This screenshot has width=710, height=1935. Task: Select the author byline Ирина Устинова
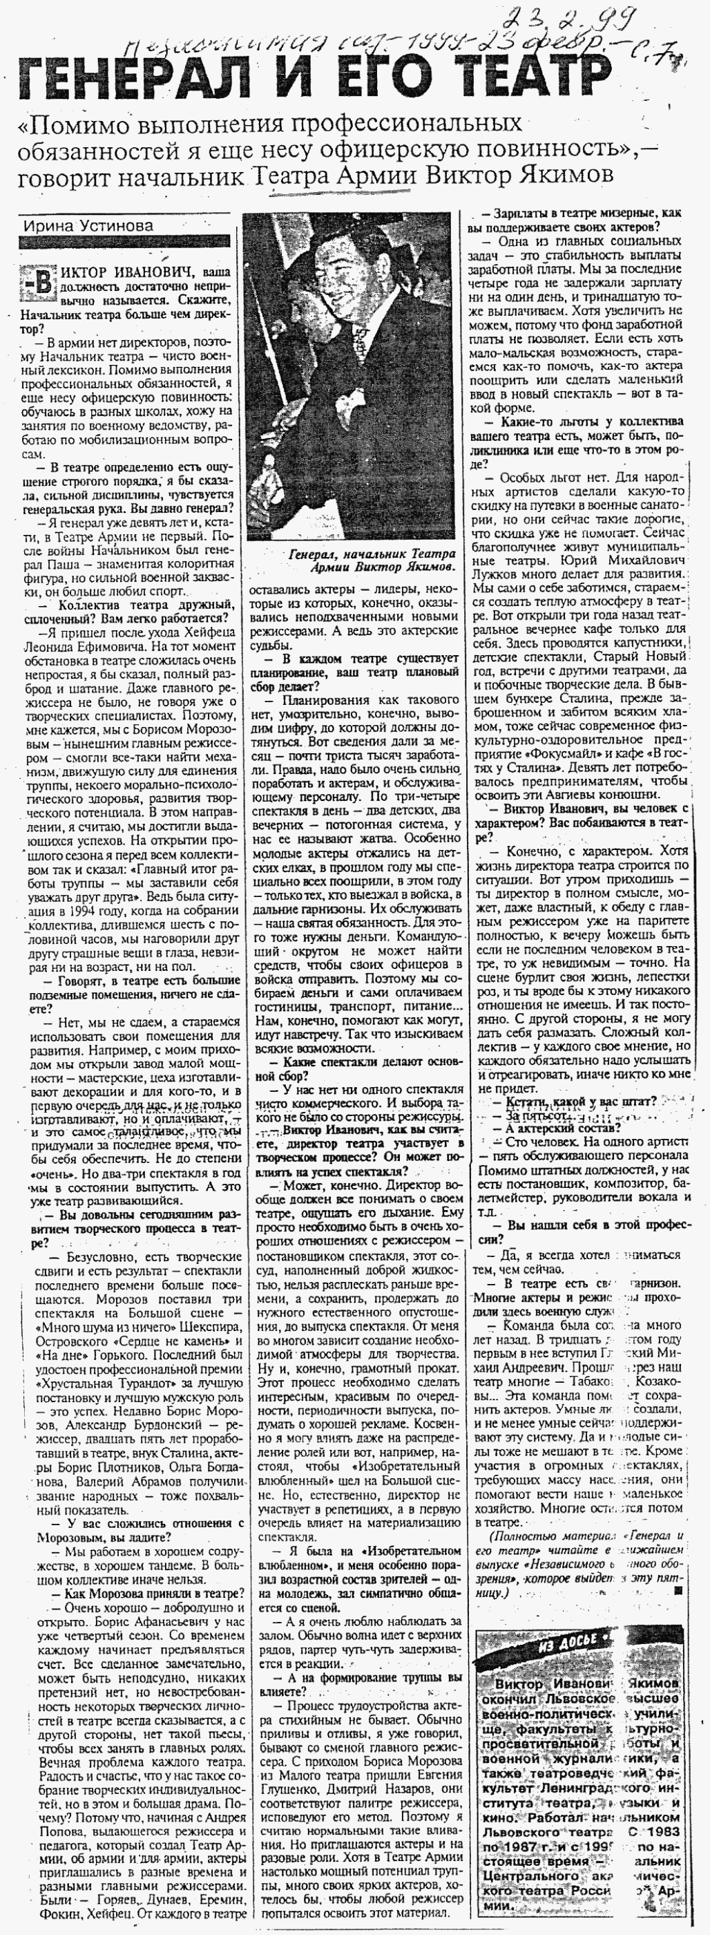coord(88,225)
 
